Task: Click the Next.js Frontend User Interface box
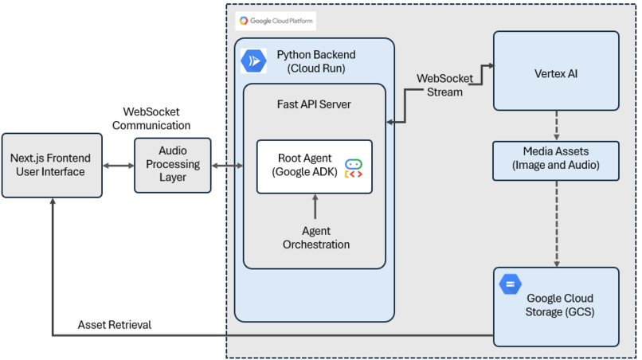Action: (52, 165)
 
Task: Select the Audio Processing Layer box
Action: (173, 165)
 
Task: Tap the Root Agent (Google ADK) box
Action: (315, 166)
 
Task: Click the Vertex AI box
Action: (556, 71)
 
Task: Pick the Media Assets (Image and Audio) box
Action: (556, 161)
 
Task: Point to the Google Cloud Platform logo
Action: (276, 21)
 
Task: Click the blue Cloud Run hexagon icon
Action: (253, 61)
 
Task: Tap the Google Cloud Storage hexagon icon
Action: (510, 284)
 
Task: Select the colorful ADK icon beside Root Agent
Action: (354, 169)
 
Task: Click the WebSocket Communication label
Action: (151, 119)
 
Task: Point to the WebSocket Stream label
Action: (444, 85)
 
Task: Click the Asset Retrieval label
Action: (115, 325)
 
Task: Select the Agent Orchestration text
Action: (316, 237)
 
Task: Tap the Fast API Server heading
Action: (314, 104)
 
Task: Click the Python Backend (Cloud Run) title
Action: (316, 61)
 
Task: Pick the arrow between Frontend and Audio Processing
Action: (119, 166)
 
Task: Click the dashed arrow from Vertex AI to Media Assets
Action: (557, 126)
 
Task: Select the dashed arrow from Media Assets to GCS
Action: (557, 224)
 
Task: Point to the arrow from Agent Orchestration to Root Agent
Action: (315, 206)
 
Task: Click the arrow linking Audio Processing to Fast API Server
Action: (227, 166)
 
